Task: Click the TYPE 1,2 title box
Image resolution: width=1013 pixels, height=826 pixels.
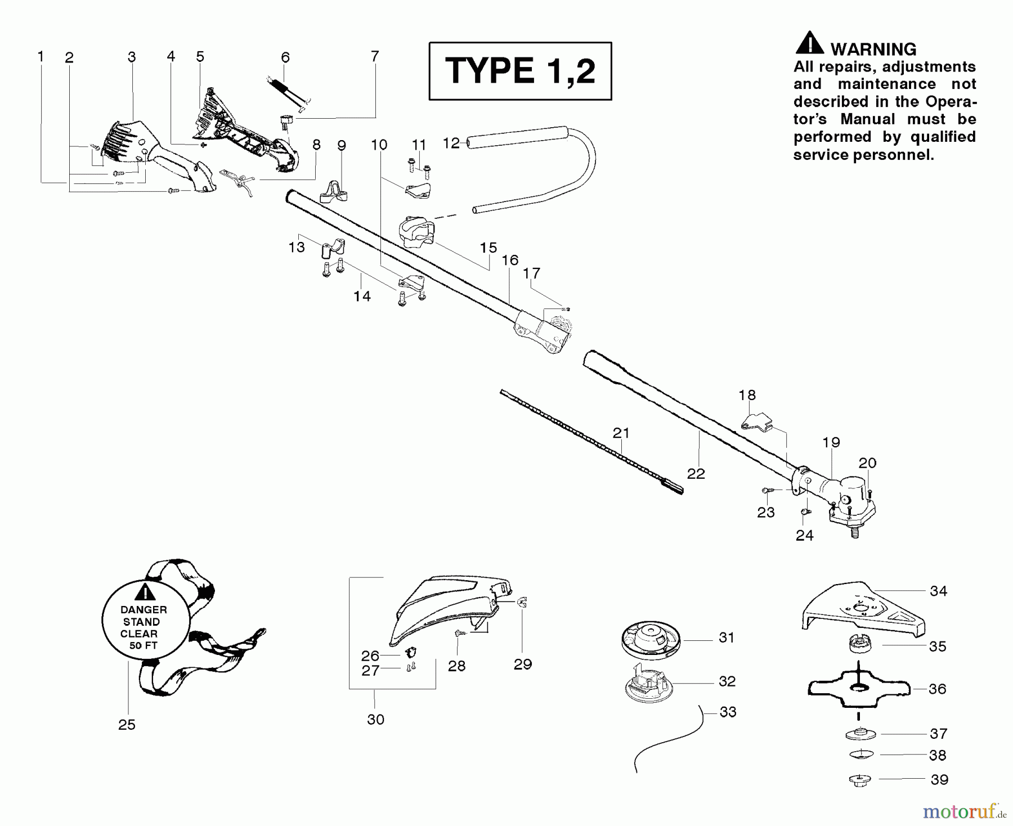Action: tap(520, 71)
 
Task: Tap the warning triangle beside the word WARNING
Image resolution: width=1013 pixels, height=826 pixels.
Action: tap(809, 43)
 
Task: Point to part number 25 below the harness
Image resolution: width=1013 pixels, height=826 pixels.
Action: tap(127, 725)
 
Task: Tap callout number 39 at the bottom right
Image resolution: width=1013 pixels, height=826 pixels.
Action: tap(939, 779)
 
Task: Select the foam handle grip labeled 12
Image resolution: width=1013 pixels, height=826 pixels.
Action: tap(518, 138)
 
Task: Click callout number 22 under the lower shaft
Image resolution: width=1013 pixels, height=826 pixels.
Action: tap(696, 474)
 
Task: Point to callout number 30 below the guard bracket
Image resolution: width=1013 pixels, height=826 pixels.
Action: tap(375, 719)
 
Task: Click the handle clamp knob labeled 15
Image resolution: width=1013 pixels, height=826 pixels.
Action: tap(416, 234)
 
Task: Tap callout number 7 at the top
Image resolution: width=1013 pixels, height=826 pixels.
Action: tap(375, 56)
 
